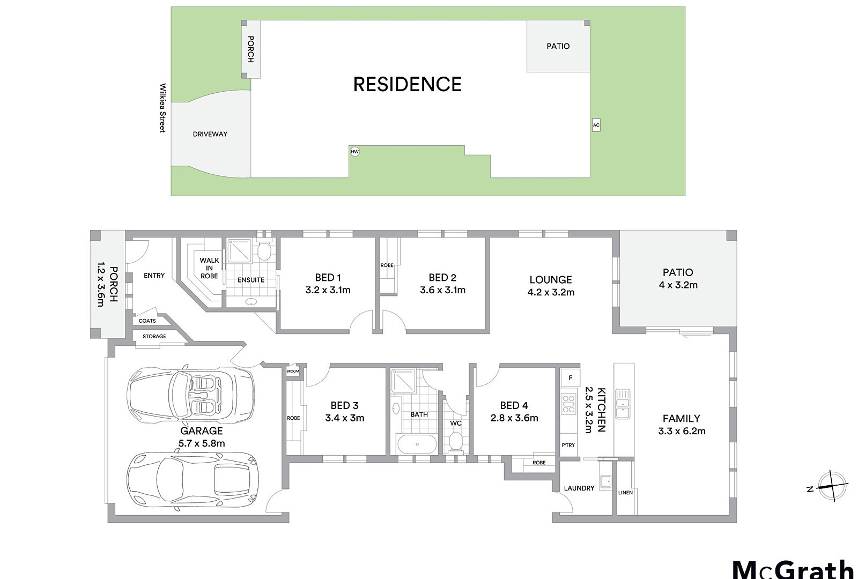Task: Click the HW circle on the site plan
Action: (x=354, y=152)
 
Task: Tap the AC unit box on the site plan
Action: (x=596, y=125)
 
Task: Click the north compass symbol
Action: (x=832, y=486)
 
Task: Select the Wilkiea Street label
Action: (x=163, y=108)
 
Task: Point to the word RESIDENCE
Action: (x=407, y=84)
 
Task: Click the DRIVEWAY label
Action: (x=210, y=134)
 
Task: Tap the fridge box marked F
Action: (x=570, y=378)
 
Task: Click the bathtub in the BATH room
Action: (x=417, y=444)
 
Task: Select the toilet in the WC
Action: (x=456, y=442)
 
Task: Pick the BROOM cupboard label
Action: (x=293, y=371)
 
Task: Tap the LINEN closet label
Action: (x=625, y=493)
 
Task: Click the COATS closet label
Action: (x=147, y=321)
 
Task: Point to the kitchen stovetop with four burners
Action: (x=569, y=404)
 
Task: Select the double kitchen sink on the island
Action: (x=623, y=404)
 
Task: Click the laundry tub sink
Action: (x=605, y=481)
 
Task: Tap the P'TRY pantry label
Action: (x=568, y=445)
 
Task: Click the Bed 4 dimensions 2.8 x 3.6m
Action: (x=514, y=418)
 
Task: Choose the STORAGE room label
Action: (x=154, y=336)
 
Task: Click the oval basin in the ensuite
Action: (x=251, y=301)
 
